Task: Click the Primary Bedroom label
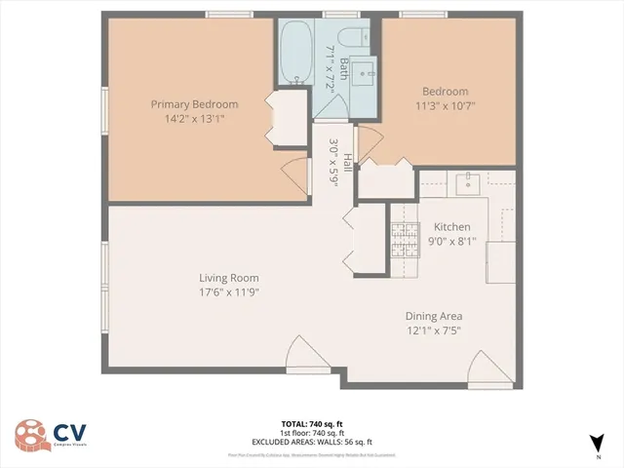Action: pos(193,104)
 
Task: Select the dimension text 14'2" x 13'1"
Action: pos(193,119)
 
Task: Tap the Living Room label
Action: pos(229,278)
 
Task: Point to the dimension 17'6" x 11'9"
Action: pos(229,292)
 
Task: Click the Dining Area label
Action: pos(434,316)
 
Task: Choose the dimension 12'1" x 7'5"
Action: pos(434,331)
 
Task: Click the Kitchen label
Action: pos(451,227)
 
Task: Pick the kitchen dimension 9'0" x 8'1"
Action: pos(451,242)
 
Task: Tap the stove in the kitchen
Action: pos(403,237)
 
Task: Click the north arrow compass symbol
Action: pos(596,445)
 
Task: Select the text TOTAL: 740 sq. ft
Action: pos(312,424)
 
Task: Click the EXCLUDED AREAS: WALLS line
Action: pos(312,442)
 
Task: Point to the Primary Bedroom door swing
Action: pos(294,175)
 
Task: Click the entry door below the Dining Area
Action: pos(485,371)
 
